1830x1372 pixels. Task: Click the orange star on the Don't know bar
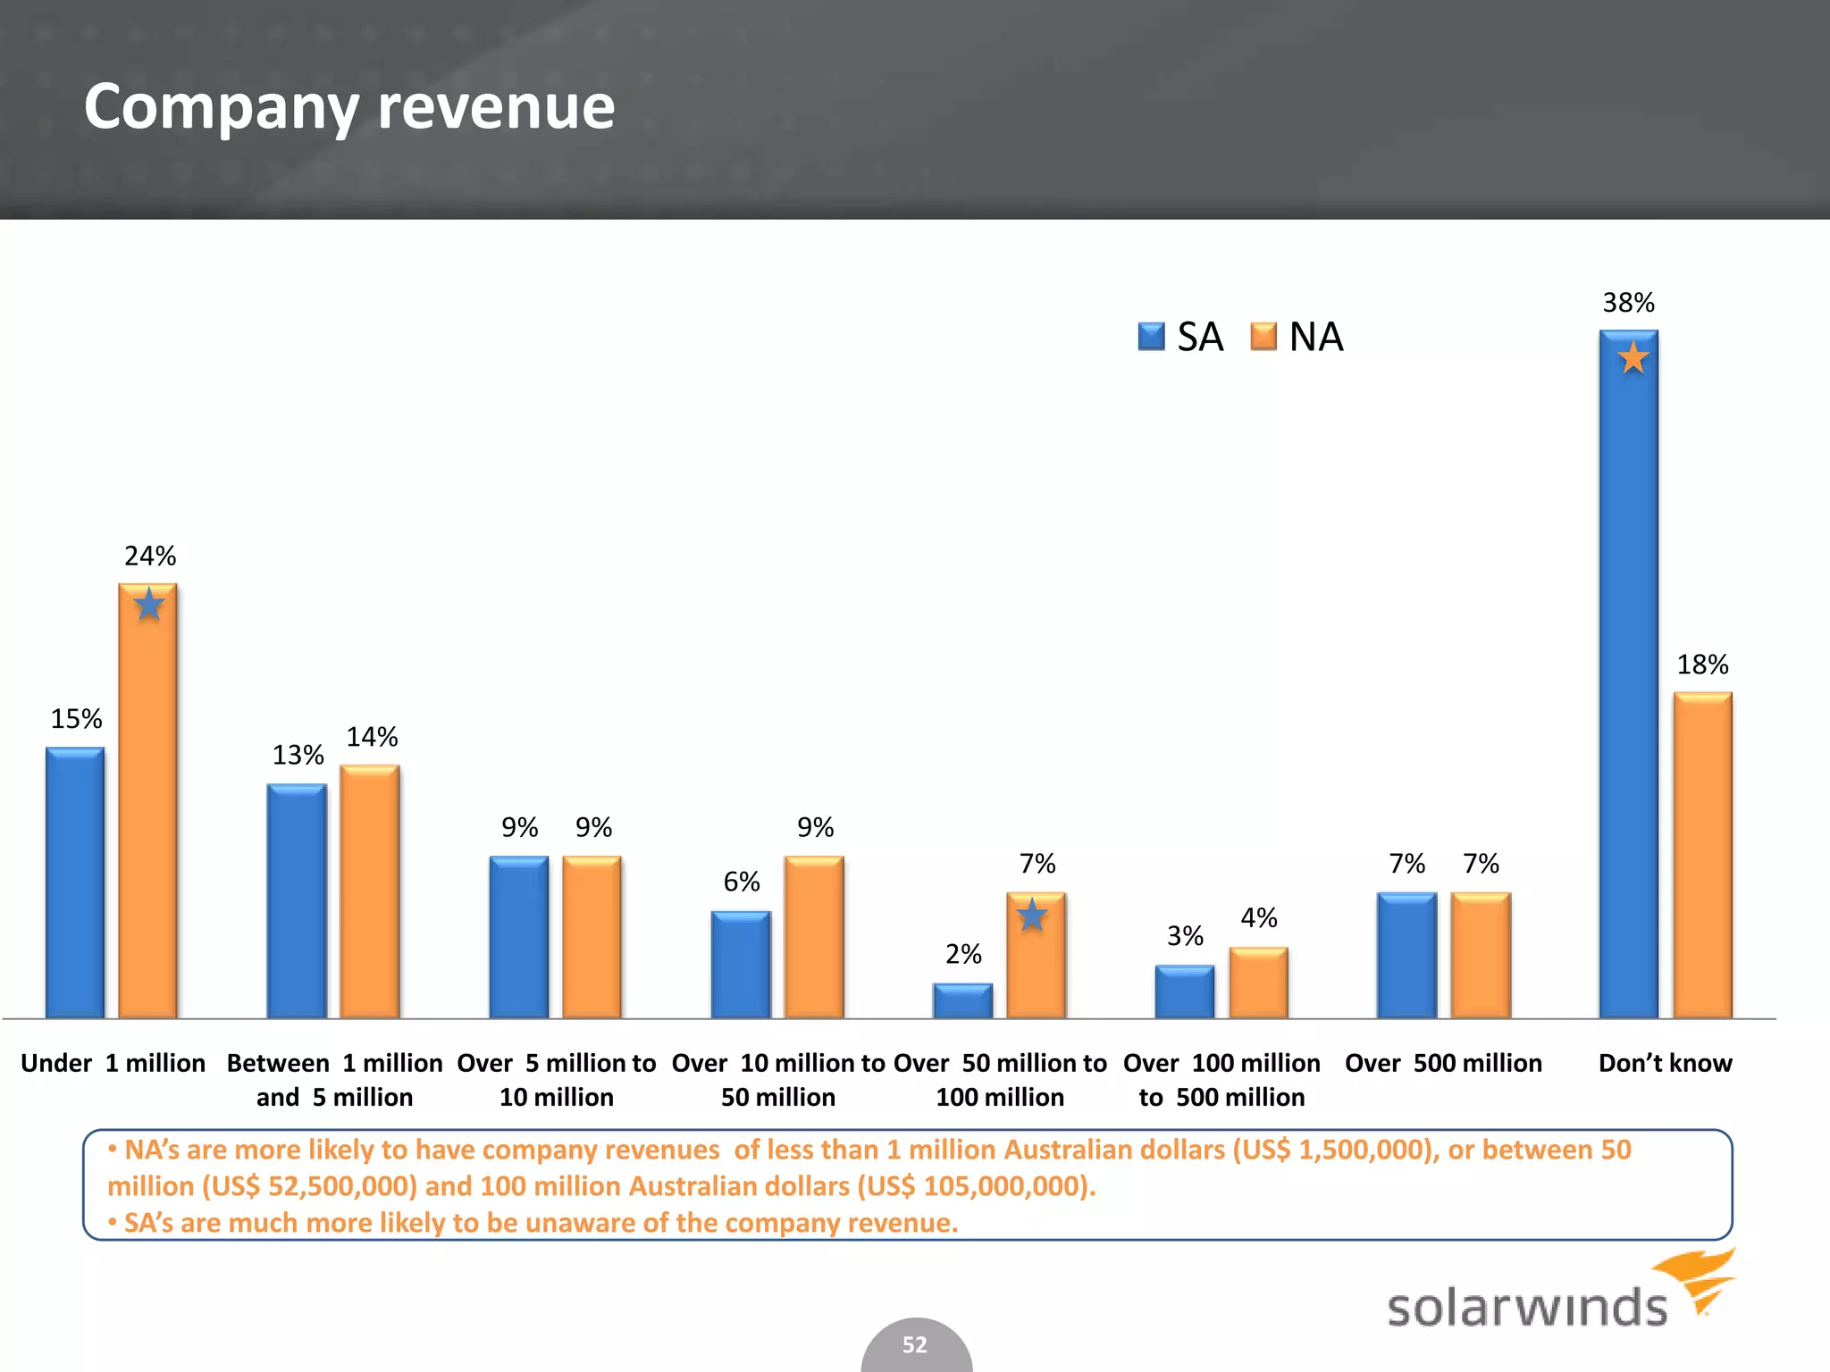pyautogui.click(x=1633, y=358)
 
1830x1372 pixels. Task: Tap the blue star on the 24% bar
pyautogui.click(x=149, y=605)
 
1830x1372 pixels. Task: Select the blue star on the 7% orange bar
pyautogui.click(x=1032, y=915)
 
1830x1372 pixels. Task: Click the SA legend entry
pyautogui.click(x=1180, y=337)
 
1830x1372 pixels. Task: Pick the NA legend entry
pyautogui.click(x=1297, y=337)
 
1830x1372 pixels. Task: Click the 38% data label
pyautogui.click(x=1628, y=303)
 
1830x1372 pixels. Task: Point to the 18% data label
pyautogui.click(x=1701, y=665)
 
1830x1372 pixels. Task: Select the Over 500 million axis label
pyautogui.click(x=1443, y=1063)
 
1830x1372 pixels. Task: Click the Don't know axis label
pyautogui.click(x=1665, y=1063)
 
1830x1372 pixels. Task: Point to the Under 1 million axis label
pyautogui.click(x=113, y=1063)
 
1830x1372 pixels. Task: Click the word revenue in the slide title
pyautogui.click(x=496, y=107)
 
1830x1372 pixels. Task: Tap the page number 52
pyautogui.click(x=914, y=1344)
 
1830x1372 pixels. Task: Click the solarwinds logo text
pyautogui.click(x=1526, y=1307)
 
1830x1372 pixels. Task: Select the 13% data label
pyautogui.click(x=298, y=756)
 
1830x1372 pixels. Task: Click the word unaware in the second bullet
pyautogui.click(x=584, y=1223)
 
